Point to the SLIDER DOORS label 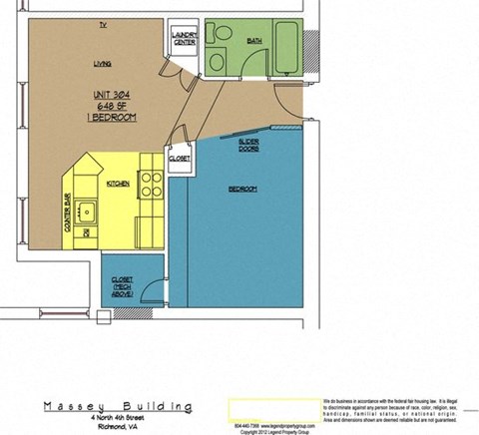(249, 147)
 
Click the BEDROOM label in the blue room (243, 190)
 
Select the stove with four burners (151, 185)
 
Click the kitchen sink (86, 211)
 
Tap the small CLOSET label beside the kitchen (180, 159)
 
